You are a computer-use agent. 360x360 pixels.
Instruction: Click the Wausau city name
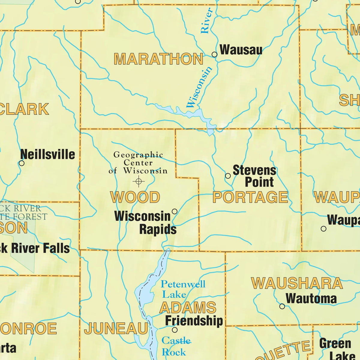click(241, 50)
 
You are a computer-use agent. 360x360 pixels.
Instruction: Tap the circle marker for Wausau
click(214, 54)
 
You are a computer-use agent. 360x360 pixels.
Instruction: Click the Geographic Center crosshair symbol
click(139, 181)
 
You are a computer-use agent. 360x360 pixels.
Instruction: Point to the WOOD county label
click(135, 197)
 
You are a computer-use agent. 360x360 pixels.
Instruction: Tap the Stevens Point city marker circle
click(228, 176)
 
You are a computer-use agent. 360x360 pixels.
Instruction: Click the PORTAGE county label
click(250, 197)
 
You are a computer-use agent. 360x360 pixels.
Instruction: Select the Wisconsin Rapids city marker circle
click(174, 211)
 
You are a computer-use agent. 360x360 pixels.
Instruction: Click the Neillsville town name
click(48, 154)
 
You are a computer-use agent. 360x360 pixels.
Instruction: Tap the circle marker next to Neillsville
click(22, 163)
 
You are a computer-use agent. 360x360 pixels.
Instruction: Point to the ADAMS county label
click(188, 308)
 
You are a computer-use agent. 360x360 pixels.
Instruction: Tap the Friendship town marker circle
click(175, 330)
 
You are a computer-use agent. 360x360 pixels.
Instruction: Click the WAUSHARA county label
click(297, 283)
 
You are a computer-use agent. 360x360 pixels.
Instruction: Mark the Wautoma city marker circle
click(282, 306)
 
